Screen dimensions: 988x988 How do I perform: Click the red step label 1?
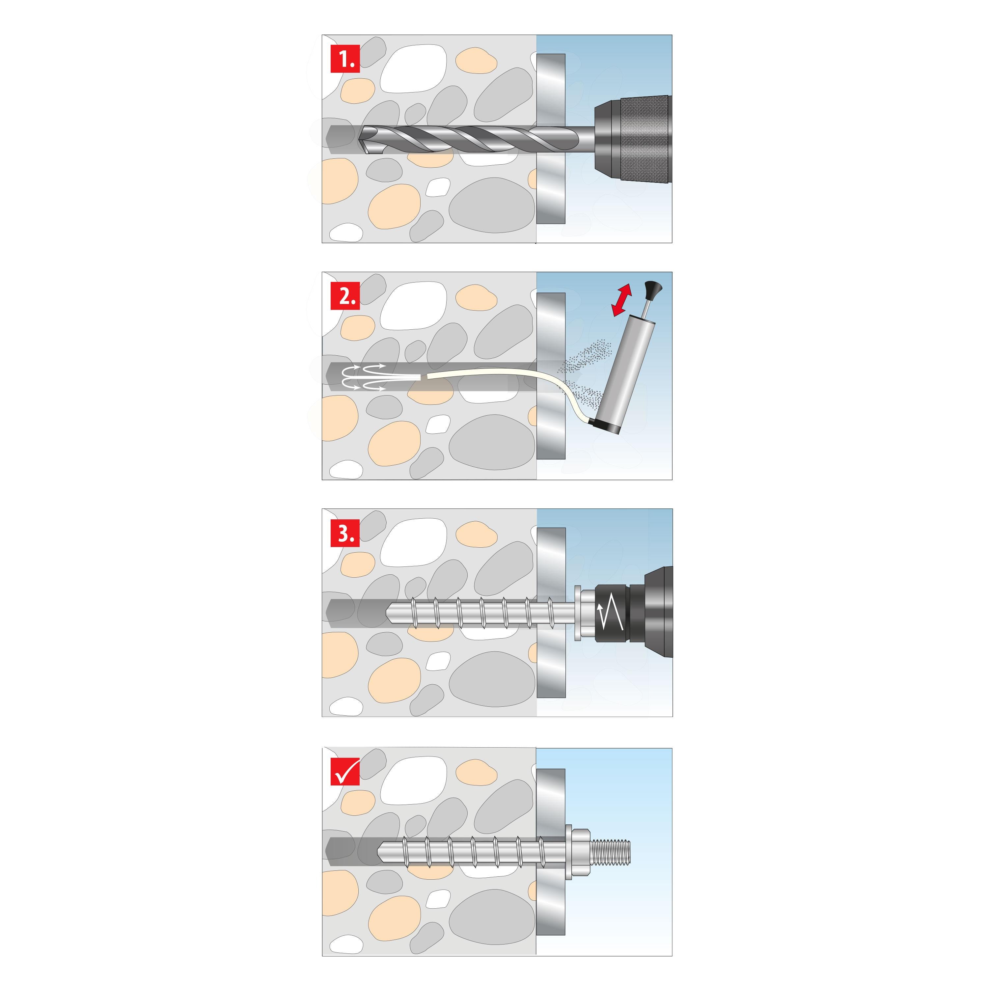click(345, 59)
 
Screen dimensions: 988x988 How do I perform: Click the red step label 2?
click(345, 296)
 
